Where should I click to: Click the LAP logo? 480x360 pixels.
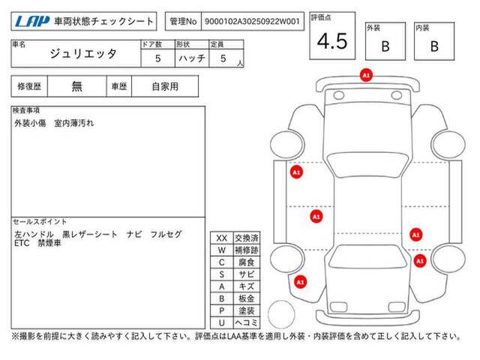(x=32, y=22)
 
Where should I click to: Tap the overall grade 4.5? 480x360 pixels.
(x=332, y=41)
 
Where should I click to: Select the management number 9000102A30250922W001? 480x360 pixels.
(x=252, y=22)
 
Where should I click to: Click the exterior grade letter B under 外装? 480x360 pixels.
(x=385, y=46)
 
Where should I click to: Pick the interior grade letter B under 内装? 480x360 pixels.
(x=434, y=46)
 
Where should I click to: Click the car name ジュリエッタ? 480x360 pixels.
(x=83, y=54)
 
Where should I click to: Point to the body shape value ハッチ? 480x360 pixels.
(x=192, y=58)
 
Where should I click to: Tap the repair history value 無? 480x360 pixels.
(x=76, y=86)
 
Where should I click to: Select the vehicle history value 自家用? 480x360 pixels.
(x=165, y=87)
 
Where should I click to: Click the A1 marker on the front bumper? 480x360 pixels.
(x=366, y=75)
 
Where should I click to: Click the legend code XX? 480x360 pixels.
(x=222, y=238)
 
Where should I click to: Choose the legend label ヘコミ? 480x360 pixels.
(x=247, y=322)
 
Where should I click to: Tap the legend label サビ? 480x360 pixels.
(x=247, y=274)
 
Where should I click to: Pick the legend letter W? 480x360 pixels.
(x=222, y=250)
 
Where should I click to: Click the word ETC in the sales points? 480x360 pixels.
(x=22, y=243)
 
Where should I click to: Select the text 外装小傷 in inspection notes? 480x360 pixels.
(x=30, y=123)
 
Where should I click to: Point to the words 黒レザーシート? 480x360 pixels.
(x=90, y=235)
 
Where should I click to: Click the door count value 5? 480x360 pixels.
(x=158, y=58)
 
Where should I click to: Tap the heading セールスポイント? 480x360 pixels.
(x=40, y=222)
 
